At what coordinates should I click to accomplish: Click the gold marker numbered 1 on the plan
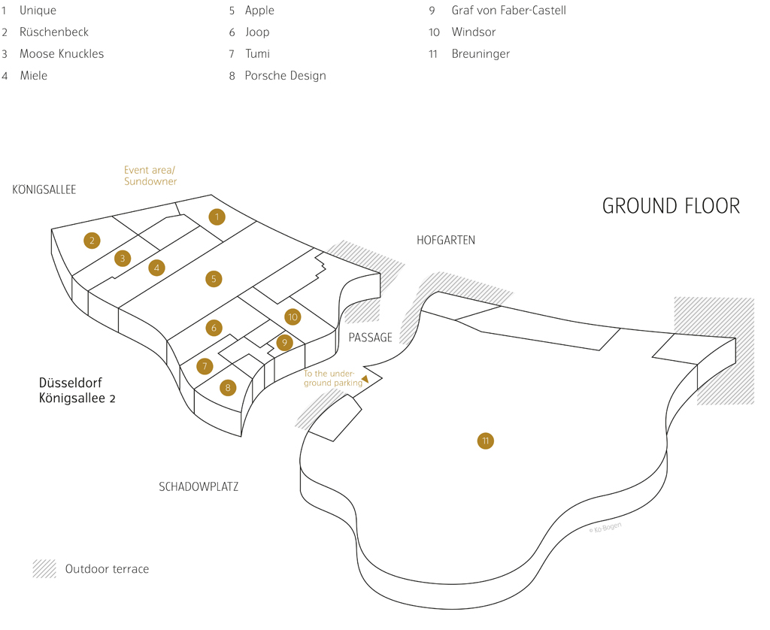point(217,217)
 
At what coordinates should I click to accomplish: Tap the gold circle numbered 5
point(214,279)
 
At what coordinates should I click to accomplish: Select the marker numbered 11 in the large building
point(486,441)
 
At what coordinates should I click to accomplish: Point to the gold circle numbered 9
point(284,343)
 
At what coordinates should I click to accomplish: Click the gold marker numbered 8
point(227,388)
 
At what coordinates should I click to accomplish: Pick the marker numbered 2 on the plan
point(92,240)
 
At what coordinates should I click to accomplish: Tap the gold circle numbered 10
point(293,317)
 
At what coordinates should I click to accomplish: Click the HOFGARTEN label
point(446,240)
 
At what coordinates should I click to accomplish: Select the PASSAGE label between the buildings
point(370,338)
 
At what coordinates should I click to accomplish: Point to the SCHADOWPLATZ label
point(199,486)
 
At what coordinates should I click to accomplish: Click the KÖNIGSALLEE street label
point(44,189)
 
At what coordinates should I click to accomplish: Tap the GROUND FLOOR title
point(671,206)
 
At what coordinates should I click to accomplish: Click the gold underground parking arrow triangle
point(365,379)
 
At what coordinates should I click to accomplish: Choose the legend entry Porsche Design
point(285,76)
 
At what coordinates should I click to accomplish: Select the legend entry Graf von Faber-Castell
point(509,11)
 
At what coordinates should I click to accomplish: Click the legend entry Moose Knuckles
point(62,53)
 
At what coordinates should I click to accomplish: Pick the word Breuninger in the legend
point(480,54)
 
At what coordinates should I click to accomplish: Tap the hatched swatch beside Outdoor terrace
point(44,568)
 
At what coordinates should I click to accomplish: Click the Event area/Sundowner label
point(150,175)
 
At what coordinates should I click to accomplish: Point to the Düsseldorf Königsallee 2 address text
point(77,390)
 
